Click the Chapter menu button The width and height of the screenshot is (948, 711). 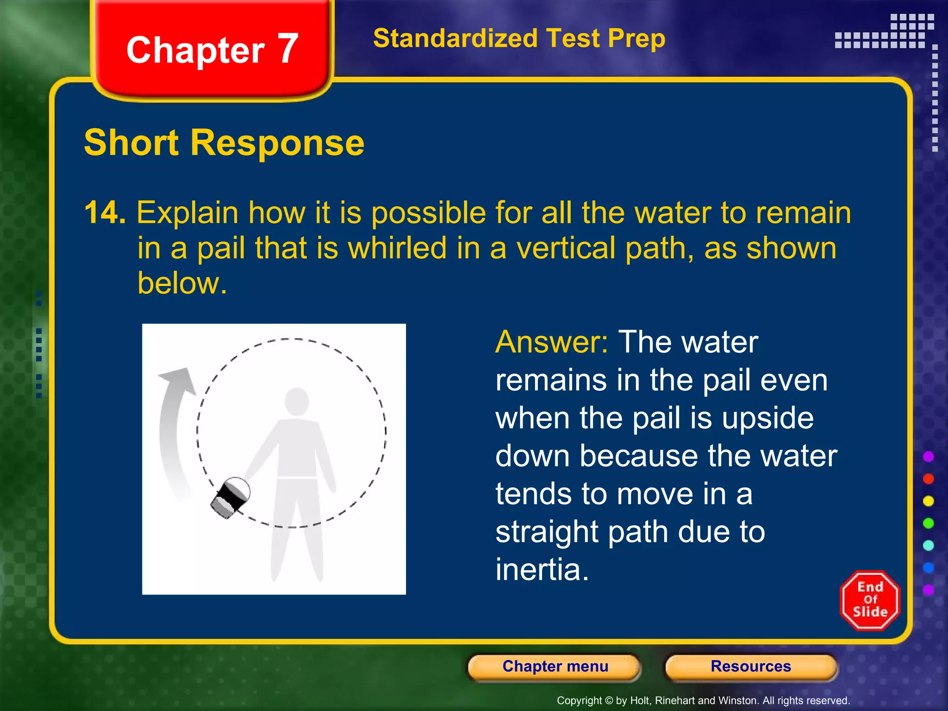coord(555,667)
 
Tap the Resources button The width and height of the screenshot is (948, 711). coord(750,667)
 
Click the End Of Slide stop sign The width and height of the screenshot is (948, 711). coord(870,600)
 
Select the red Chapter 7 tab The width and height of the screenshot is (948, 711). coord(212,50)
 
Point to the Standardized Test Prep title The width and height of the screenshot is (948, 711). coord(519,38)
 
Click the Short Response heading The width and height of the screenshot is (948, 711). coord(224,143)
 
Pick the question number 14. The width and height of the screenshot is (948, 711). coord(105,213)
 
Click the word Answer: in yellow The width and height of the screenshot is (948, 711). coord(551,342)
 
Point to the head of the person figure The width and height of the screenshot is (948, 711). coord(297,401)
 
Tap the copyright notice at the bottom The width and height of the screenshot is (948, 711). coord(703,700)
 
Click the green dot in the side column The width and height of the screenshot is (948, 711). coord(928,523)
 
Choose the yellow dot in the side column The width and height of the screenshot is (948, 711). coord(928,501)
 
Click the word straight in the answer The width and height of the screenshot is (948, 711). coord(547,532)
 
